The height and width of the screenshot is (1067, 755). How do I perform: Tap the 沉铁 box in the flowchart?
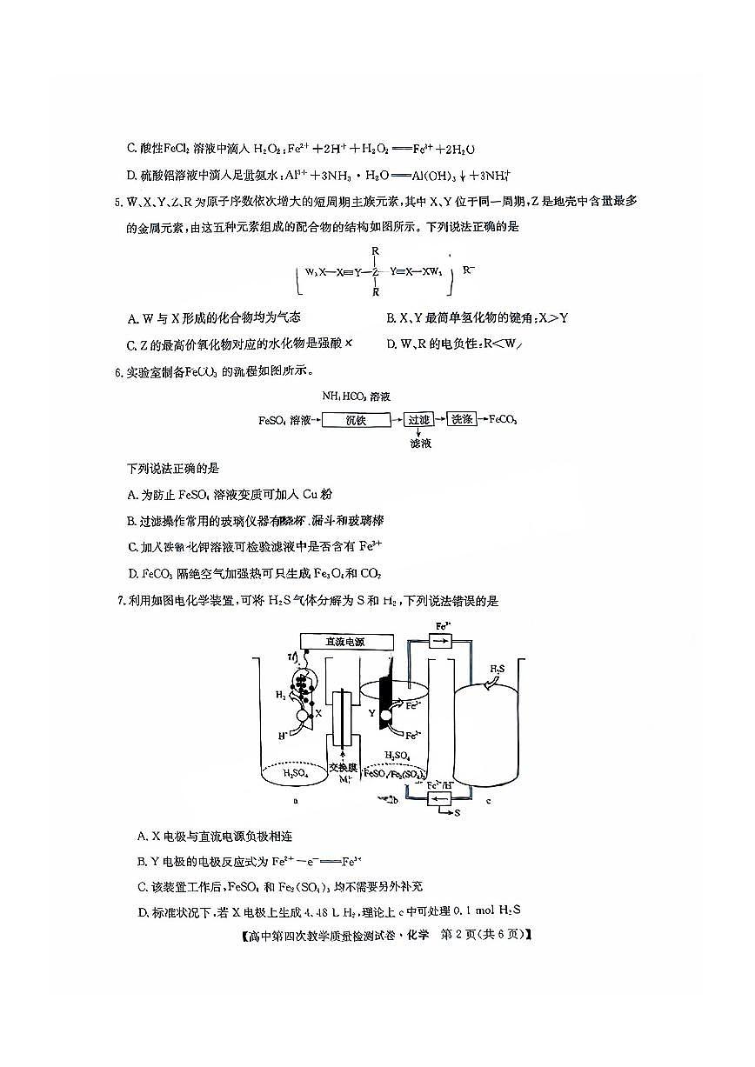point(355,420)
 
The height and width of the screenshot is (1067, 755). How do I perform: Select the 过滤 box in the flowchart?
point(419,420)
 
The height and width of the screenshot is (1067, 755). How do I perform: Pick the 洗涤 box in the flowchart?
point(461,420)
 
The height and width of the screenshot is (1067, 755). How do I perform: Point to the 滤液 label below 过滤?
point(421,443)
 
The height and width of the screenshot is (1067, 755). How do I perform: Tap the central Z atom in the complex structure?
point(376,271)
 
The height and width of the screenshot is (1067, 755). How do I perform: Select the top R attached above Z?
point(376,251)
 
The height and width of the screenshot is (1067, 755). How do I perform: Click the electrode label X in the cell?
point(318,712)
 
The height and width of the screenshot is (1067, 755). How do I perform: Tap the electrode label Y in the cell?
point(372,712)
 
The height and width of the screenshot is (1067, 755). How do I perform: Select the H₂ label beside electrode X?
point(280,696)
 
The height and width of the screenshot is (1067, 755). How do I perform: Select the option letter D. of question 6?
point(133,573)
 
